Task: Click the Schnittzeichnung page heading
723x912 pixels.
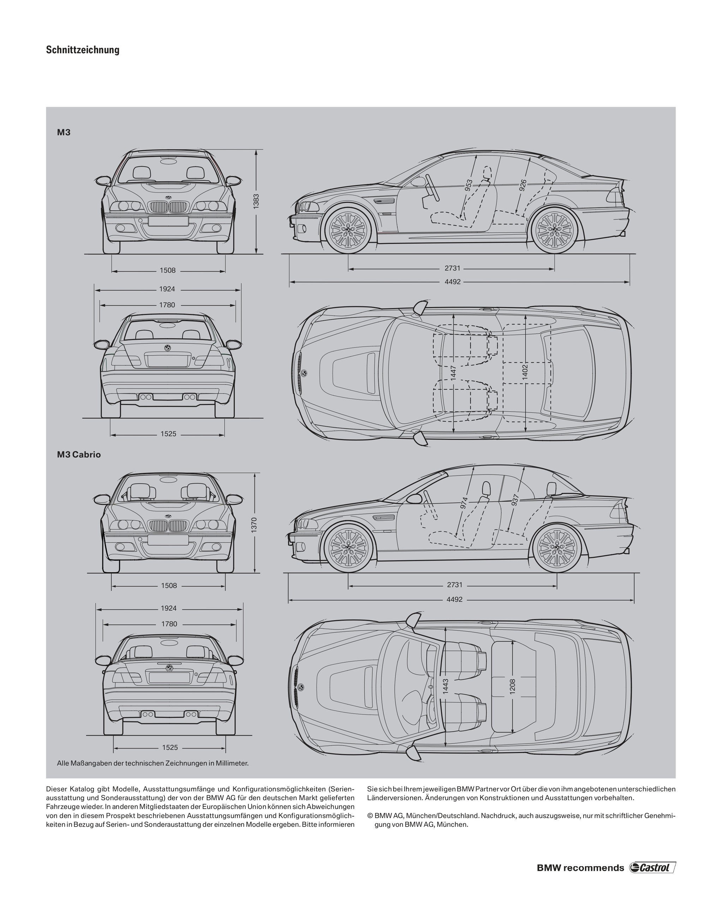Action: [83, 50]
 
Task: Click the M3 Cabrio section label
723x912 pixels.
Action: [79, 455]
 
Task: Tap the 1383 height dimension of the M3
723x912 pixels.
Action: [256, 201]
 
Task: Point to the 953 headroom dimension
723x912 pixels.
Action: [468, 186]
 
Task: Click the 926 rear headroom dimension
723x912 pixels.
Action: [523, 186]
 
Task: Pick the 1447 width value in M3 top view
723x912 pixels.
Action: [453, 374]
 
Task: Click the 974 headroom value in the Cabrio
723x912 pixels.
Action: [464, 503]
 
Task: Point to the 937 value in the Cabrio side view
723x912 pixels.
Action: [514, 500]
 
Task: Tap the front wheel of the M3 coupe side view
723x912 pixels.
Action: [348, 229]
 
